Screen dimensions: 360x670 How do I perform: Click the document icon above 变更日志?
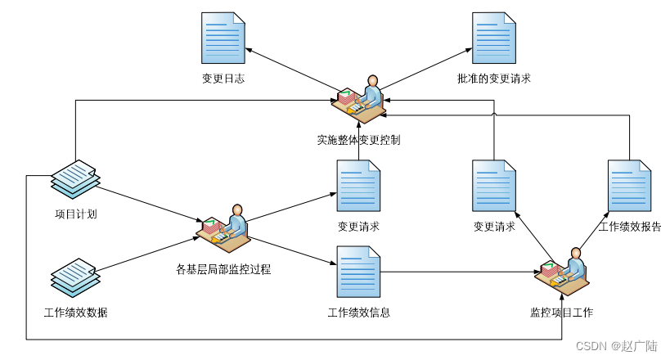point(223,38)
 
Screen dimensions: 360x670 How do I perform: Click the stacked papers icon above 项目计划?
point(75,178)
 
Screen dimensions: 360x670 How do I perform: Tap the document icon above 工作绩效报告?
point(629,186)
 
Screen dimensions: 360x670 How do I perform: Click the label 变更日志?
point(223,79)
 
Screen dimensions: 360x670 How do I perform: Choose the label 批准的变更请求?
point(494,79)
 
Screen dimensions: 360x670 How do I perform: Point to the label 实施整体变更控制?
point(358,140)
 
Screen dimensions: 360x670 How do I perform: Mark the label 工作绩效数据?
point(75,313)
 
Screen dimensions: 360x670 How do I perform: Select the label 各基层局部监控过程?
point(223,268)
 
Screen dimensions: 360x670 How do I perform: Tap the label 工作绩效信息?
point(358,313)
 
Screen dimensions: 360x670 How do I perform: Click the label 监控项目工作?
point(561,313)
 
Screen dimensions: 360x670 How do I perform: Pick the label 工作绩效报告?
point(629,227)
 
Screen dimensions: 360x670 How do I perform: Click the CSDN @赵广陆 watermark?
point(616,346)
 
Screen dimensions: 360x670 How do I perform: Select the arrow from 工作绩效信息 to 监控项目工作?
point(458,272)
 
